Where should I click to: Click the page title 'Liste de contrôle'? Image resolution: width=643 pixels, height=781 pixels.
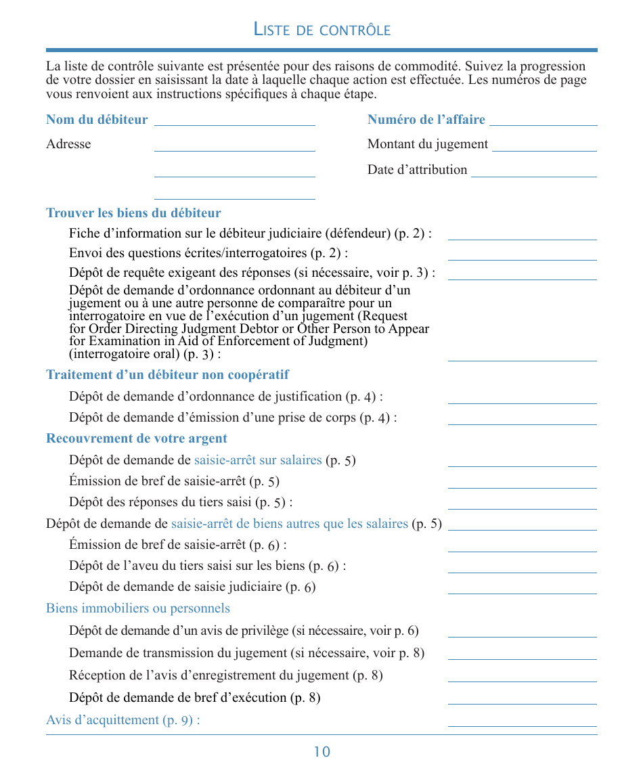click(321, 29)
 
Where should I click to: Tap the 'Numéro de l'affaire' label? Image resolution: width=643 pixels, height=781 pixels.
click(426, 120)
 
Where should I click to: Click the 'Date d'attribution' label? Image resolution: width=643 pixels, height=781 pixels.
click(417, 170)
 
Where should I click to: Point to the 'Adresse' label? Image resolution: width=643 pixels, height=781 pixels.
click(68, 144)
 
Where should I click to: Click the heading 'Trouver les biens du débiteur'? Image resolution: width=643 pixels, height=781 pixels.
click(133, 213)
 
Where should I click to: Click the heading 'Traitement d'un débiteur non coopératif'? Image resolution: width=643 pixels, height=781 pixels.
click(167, 375)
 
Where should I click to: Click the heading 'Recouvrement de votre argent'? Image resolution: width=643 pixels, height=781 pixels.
click(137, 439)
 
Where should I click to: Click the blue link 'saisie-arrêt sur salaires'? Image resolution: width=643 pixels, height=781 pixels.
click(258, 460)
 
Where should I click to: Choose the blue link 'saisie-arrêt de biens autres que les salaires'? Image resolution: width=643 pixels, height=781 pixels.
click(290, 524)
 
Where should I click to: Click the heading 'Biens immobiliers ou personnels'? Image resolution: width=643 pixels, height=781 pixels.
click(138, 608)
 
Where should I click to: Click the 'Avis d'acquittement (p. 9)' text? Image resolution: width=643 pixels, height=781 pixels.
click(123, 720)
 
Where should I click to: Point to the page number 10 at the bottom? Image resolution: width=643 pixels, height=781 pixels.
click(322, 752)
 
